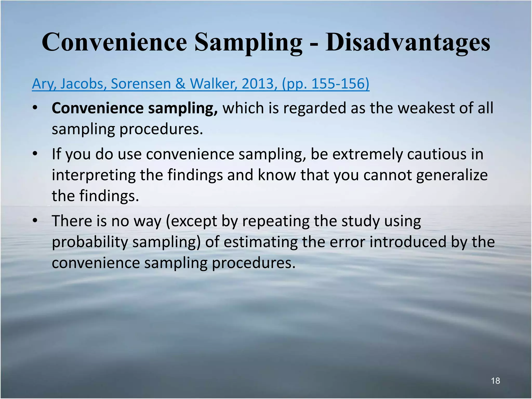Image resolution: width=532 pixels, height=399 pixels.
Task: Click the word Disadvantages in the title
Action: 408,42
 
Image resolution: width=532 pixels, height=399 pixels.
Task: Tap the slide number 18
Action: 495,381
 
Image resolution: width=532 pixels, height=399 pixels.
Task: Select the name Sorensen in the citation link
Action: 141,84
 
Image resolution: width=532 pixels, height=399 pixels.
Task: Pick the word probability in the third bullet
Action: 90,242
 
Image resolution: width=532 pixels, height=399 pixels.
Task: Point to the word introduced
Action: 408,242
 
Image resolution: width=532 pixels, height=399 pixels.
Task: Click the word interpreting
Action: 94,175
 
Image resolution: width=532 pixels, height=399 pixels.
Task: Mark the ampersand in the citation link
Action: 180,84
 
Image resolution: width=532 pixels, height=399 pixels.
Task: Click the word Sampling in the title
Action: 249,42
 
